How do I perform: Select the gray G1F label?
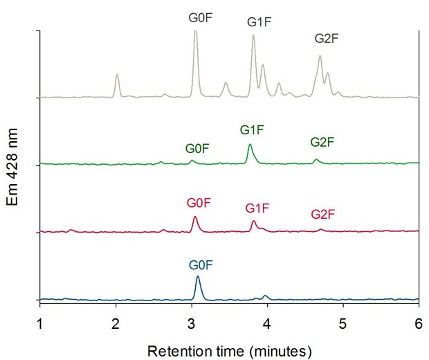tap(259, 22)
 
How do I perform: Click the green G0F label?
tap(197, 148)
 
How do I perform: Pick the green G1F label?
tap(252, 129)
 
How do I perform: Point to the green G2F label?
tap(322, 142)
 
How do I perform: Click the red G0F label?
tap(198, 203)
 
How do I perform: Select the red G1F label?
tap(257, 208)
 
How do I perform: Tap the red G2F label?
tap(323, 215)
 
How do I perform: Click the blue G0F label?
tap(201, 264)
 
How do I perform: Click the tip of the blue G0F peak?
tap(198, 277)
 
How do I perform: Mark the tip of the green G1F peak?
tap(250, 145)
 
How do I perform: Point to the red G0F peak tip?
tap(195, 217)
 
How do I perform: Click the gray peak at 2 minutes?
tap(117, 75)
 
